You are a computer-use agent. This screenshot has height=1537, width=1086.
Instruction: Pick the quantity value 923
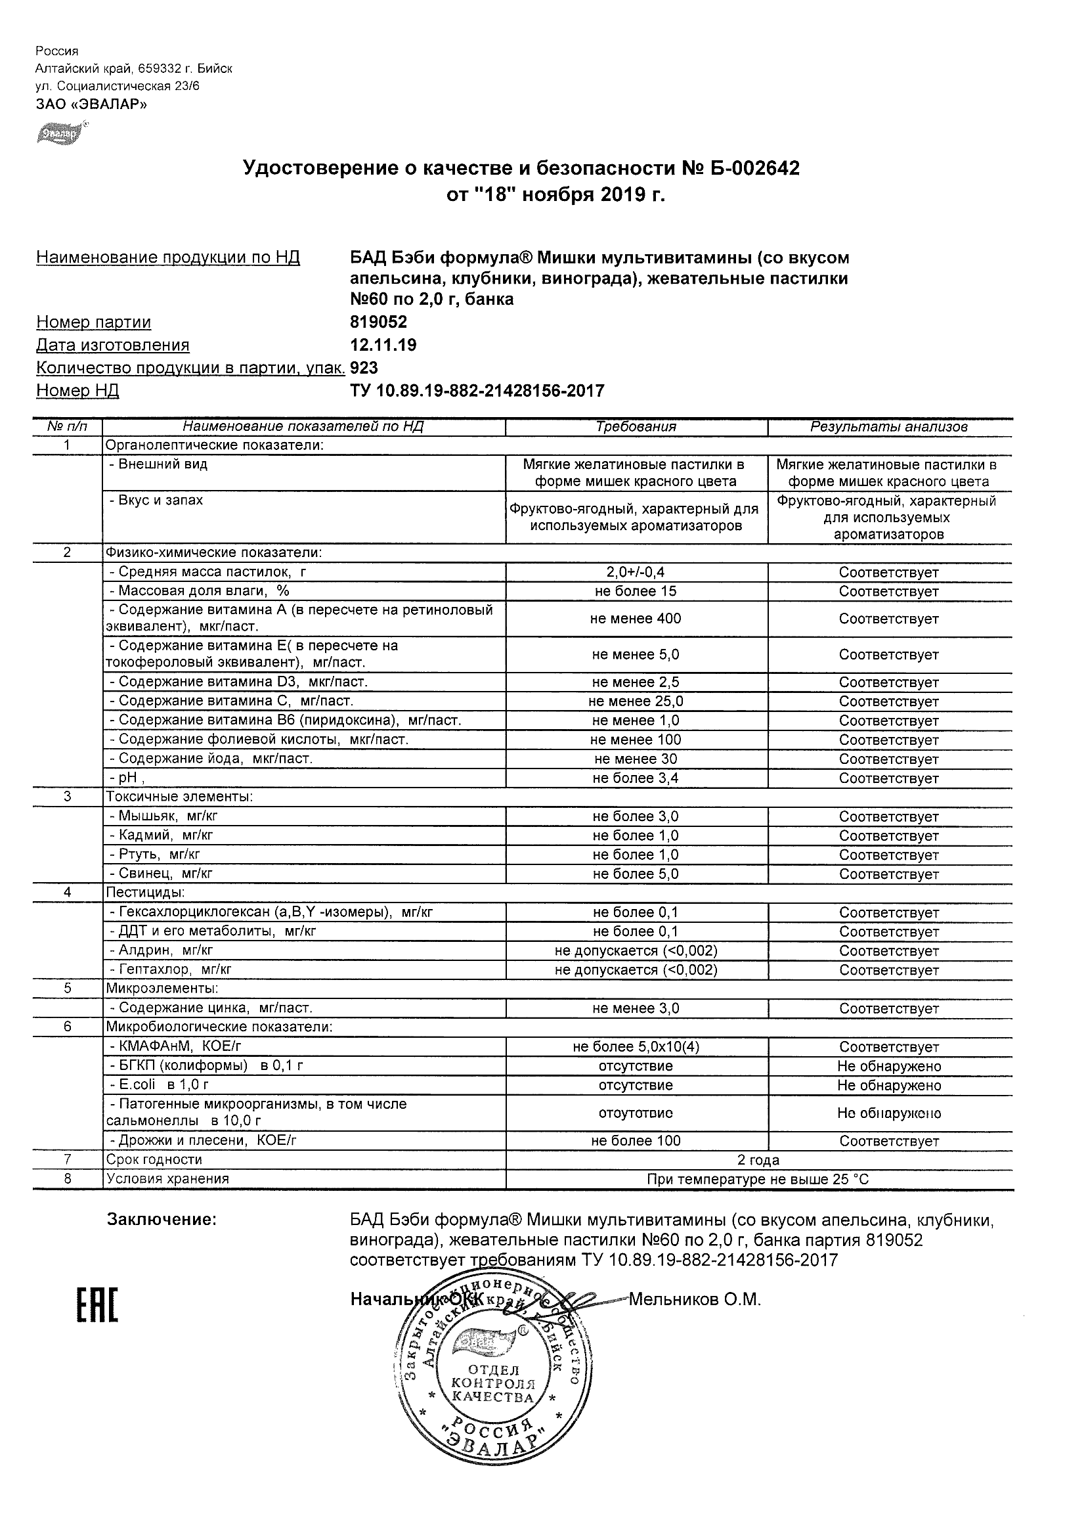tap(364, 368)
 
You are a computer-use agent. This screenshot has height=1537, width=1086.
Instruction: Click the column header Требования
tap(636, 427)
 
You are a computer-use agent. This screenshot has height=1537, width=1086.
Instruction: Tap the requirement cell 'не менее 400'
tap(636, 619)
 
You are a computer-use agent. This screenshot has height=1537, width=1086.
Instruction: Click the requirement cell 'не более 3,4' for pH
tap(636, 778)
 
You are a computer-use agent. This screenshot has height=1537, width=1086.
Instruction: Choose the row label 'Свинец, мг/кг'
tap(161, 874)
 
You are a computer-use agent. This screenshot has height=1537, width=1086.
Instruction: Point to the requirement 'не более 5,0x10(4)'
tap(636, 1047)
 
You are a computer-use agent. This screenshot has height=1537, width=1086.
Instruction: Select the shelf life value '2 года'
tap(758, 1160)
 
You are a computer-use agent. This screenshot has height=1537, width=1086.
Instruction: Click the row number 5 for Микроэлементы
tap(67, 989)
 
